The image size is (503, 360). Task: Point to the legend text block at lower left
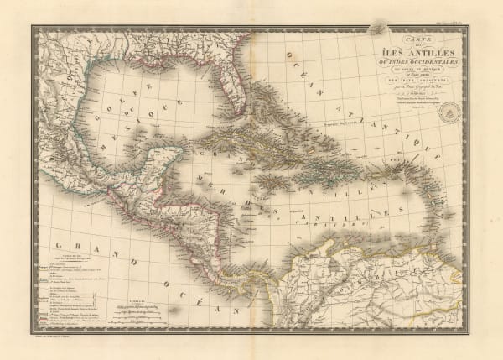point(71,294)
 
